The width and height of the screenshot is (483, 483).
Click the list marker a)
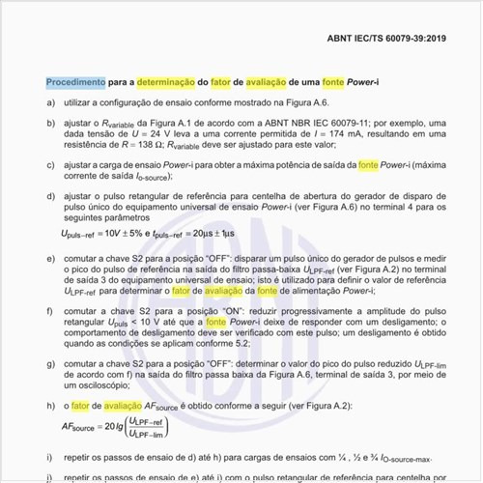[50, 101]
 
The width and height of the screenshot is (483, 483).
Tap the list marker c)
[50, 164]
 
